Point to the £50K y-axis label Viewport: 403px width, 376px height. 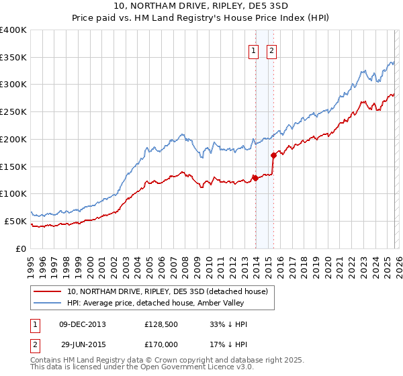[15, 221]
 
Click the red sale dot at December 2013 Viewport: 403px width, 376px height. [255, 178]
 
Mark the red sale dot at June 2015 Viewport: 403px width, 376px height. [273, 155]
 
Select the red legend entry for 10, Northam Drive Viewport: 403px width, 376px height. [167, 291]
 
